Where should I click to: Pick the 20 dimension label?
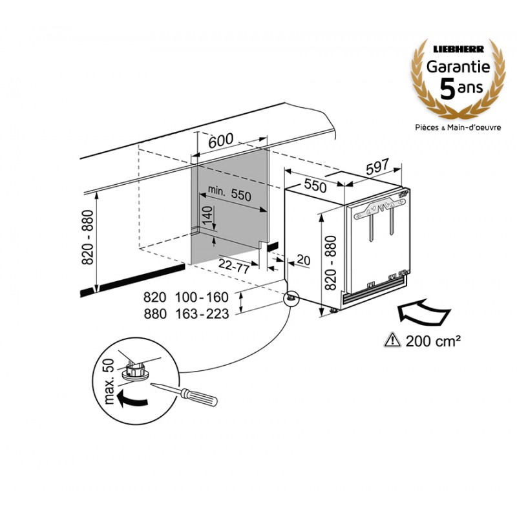point(302,260)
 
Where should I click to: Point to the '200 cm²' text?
point(432,339)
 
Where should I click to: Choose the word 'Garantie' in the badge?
point(457,66)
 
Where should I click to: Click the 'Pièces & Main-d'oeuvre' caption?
point(458,128)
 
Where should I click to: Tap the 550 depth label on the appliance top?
point(315,186)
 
